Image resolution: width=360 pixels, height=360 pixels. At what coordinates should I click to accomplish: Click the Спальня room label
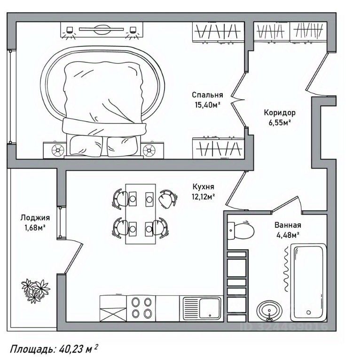click(207, 94)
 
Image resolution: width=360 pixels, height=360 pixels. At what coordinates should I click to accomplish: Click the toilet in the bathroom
click(242, 230)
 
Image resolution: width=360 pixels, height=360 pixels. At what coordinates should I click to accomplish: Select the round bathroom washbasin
click(269, 310)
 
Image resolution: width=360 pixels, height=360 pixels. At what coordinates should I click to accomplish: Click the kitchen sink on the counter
click(207, 309)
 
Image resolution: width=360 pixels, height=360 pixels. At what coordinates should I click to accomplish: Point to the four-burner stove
click(141, 308)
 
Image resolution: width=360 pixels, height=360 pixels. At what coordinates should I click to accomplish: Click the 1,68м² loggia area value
click(35, 228)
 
